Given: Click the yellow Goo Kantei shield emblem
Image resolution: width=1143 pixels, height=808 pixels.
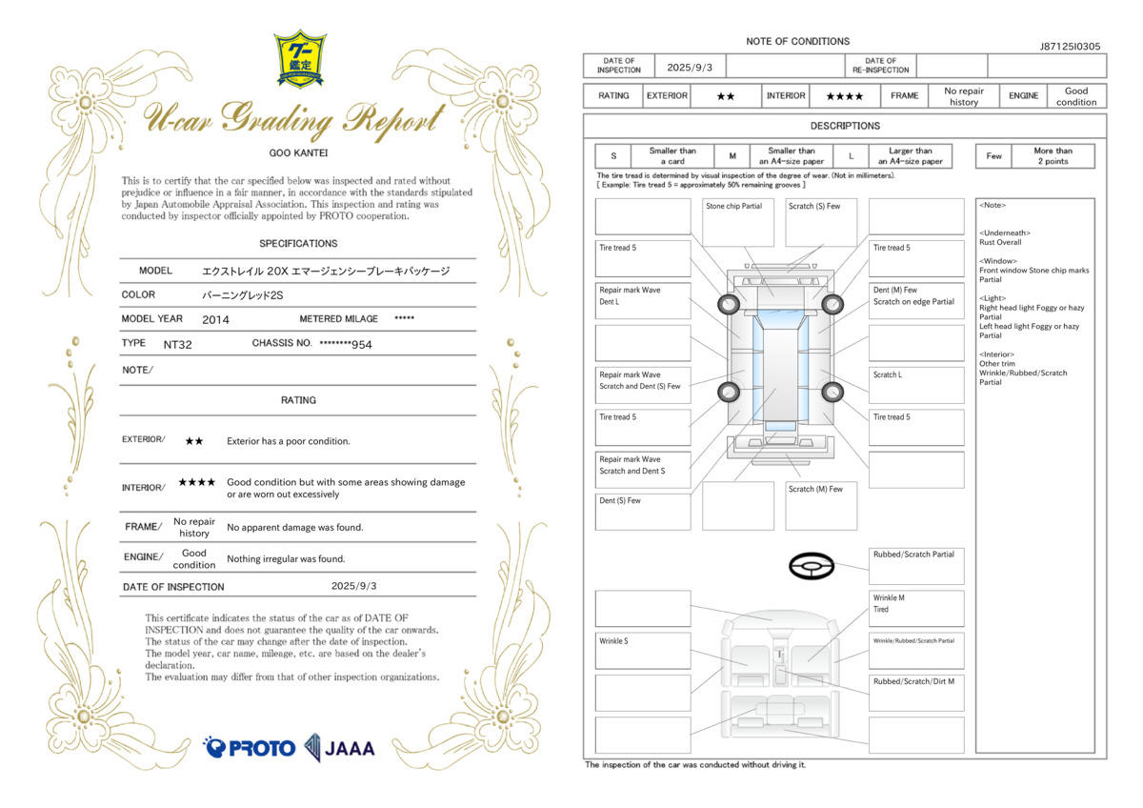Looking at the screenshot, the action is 300,59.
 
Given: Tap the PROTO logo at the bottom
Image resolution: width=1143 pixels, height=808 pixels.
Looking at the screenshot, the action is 249,748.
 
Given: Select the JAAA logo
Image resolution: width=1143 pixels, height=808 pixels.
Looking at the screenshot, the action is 339,748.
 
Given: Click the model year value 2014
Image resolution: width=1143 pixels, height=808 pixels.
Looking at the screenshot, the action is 215,320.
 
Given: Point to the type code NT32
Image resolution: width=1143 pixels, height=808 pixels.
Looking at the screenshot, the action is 177,345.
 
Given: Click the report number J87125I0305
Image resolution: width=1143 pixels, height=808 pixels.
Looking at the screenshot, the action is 1070,47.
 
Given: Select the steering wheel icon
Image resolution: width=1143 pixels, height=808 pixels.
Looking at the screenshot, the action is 812,566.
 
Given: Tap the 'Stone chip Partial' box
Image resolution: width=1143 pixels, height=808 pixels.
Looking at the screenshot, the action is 738,223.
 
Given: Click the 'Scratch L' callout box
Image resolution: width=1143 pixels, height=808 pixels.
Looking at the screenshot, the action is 916,385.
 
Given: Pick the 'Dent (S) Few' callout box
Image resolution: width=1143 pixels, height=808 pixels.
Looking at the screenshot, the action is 643,512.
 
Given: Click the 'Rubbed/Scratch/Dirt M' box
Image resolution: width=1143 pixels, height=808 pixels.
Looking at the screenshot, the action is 916,693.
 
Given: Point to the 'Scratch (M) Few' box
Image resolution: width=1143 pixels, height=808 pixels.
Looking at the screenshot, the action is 821,506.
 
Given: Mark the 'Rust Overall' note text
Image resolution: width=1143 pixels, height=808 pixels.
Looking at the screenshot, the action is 1000,242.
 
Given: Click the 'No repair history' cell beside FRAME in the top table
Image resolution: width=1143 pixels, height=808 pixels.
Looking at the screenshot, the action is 963,96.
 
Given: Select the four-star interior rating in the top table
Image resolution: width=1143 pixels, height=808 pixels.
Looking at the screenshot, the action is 845,96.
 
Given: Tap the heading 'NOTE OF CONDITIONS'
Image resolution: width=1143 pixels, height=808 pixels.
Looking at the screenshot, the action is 797,41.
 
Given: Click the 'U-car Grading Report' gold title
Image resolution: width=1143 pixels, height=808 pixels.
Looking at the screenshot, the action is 295,118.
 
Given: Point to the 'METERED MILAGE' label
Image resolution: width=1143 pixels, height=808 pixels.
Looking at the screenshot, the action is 339,319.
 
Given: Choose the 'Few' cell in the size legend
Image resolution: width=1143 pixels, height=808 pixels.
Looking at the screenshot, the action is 993,156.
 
